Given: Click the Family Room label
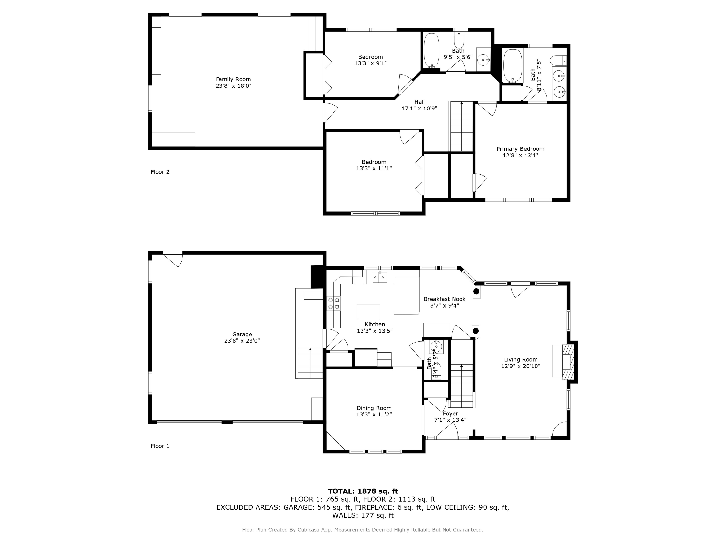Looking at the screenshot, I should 233,79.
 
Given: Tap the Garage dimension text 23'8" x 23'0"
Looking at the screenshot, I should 242,341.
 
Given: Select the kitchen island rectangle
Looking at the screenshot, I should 368,312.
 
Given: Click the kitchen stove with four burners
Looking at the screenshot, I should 334,303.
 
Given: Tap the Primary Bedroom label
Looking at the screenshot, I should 520,149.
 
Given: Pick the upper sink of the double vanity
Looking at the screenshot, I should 559,76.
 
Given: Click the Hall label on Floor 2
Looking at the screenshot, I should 419,102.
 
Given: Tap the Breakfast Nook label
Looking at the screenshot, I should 444,299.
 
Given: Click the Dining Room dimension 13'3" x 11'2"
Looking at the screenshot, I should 374,415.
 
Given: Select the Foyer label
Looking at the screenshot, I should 450,414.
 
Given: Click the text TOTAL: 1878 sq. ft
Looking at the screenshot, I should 363,491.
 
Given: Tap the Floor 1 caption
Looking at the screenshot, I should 160,446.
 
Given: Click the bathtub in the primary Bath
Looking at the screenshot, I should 512,66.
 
